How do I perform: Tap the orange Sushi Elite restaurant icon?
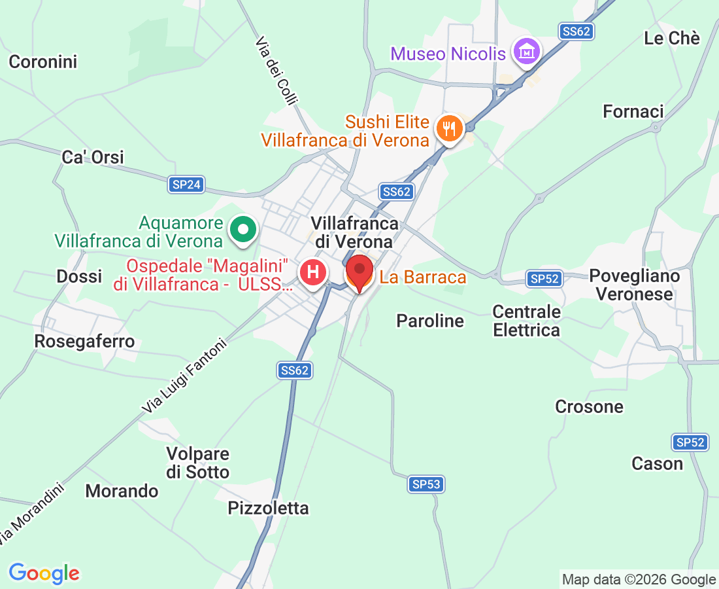[449, 128]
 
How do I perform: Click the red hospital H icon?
[313, 272]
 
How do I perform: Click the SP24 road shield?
[186, 185]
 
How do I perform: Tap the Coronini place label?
[43, 62]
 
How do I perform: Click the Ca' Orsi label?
[93, 157]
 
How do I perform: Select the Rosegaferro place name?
[84, 341]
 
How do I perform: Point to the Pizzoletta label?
[268, 508]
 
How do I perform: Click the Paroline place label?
[430, 321]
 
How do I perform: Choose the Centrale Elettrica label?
[527, 321]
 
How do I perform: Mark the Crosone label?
[589, 406]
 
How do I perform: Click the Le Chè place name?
[671, 39]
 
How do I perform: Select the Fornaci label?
[633, 112]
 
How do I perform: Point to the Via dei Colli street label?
[276, 70]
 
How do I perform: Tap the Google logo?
[44, 573]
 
